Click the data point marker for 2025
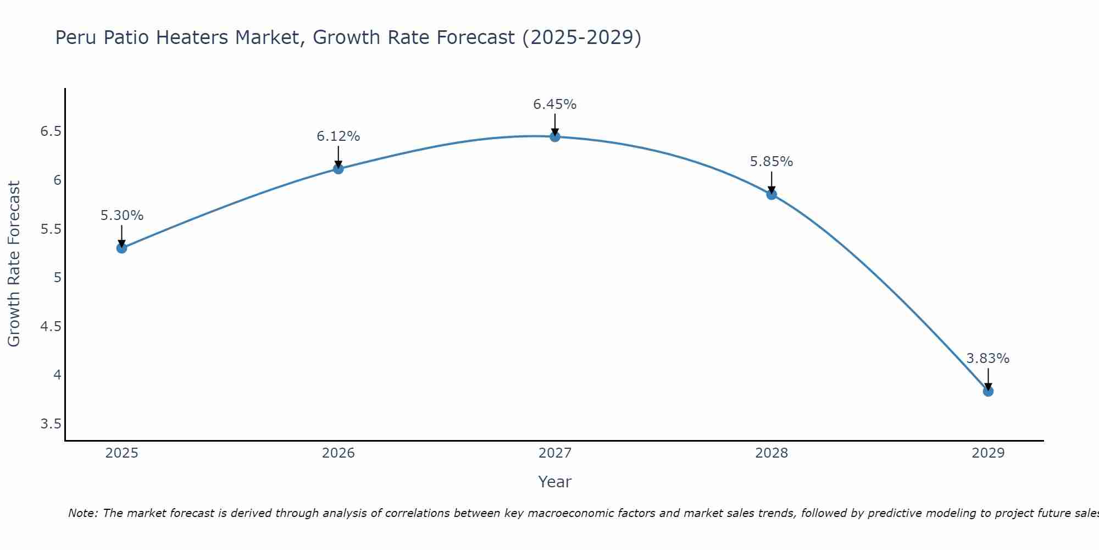(121, 248)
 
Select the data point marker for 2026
(338, 169)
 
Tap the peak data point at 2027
(555, 136)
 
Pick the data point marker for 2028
(771, 194)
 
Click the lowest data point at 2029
(988, 391)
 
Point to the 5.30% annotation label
(121, 216)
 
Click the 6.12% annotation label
(338, 136)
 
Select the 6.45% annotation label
(555, 105)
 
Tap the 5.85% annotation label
(771, 162)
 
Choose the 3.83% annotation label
(988, 359)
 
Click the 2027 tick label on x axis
(555, 453)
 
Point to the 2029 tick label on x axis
(988, 453)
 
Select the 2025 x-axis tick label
(121, 453)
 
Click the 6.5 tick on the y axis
(51, 131)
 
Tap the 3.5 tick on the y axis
(51, 424)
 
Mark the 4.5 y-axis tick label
(51, 327)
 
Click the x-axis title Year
(555, 482)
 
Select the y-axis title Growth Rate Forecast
(14, 264)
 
